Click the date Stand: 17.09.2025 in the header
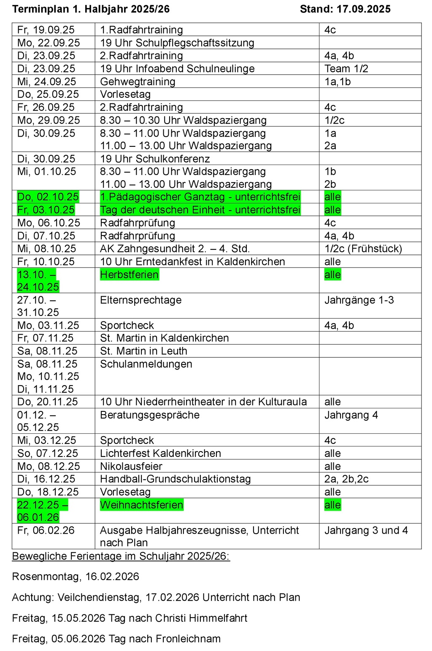[345, 9]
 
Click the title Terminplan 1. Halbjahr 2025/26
[91, 9]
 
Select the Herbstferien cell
[129, 275]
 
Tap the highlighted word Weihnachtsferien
[141, 505]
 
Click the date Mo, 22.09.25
[48, 43]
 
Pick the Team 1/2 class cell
[346, 68]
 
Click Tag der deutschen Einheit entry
[200, 210]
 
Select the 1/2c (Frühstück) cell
[363, 249]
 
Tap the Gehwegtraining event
[138, 81]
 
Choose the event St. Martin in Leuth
[143, 351]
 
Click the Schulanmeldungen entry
[146, 364]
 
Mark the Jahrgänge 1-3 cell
[359, 300]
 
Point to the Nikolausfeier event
[131, 466]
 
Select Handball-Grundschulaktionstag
[175, 479]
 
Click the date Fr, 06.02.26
[46, 530]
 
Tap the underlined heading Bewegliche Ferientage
[121, 556]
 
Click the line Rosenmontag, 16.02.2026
[75, 577]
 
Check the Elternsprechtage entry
[140, 300]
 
